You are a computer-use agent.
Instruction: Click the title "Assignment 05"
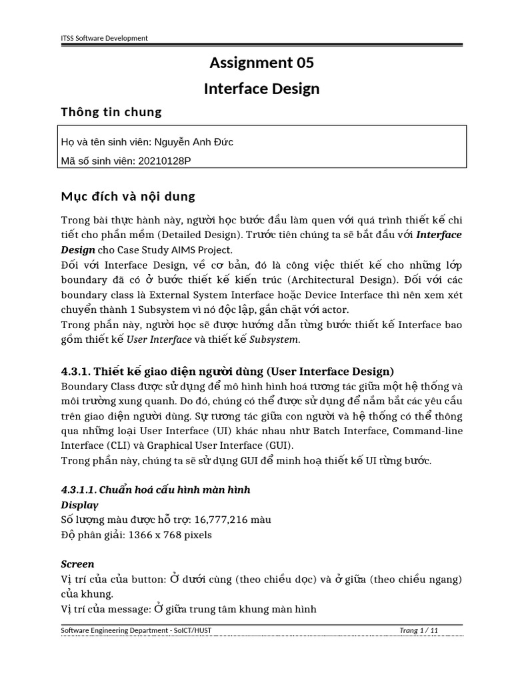[x=261, y=63]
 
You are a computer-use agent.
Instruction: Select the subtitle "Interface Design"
[x=261, y=88]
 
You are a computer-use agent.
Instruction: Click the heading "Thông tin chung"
[x=111, y=111]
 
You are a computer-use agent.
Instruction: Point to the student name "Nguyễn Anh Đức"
[x=194, y=142]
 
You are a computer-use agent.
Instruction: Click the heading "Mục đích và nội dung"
[x=128, y=197]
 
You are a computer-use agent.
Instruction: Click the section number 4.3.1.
[x=77, y=371]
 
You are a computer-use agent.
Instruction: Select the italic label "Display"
[x=79, y=504]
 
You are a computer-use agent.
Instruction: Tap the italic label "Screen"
[x=77, y=564]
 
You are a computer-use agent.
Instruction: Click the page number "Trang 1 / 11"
[x=419, y=630]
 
